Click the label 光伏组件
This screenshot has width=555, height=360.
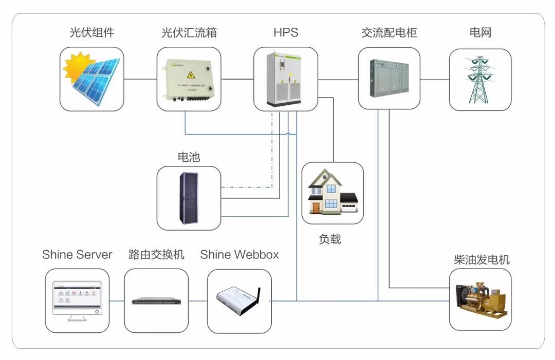tap(92, 33)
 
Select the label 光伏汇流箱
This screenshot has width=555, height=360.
tap(189, 33)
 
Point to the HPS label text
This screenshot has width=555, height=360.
tap(286, 33)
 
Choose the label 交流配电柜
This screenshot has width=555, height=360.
tap(389, 33)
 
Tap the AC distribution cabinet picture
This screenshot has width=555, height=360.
tap(389, 78)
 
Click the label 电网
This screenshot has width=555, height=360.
tap(480, 33)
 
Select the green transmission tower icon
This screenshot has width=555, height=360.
tap(480, 80)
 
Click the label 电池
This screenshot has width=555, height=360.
tap(189, 157)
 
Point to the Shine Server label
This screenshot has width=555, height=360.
tap(77, 255)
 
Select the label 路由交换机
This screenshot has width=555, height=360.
tap(156, 255)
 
